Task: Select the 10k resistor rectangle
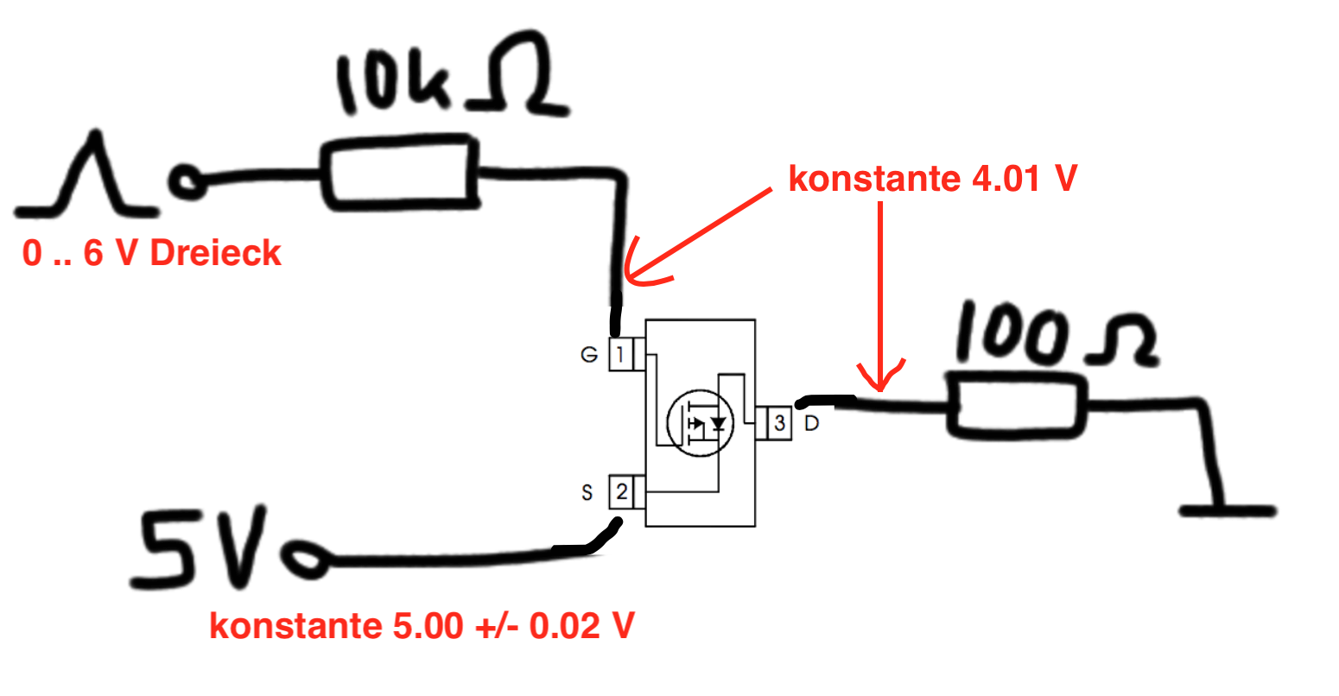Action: point(399,174)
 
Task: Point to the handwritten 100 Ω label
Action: point(1057,333)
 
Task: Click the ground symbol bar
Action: point(1228,511)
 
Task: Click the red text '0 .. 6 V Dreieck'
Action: point(151,253)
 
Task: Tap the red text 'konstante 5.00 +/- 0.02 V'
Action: point(422,625)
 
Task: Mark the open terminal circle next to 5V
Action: point(306,560)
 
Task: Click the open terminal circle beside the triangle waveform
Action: point(187,181)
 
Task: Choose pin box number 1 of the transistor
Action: point(620,354)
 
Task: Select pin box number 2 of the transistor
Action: point(621,491)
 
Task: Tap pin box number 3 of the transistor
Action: point(779,423)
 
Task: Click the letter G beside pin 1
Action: point(589,355)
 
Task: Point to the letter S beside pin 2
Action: point(587,493)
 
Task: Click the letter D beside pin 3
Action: point(812,424)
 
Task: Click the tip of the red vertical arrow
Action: point(880,390)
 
